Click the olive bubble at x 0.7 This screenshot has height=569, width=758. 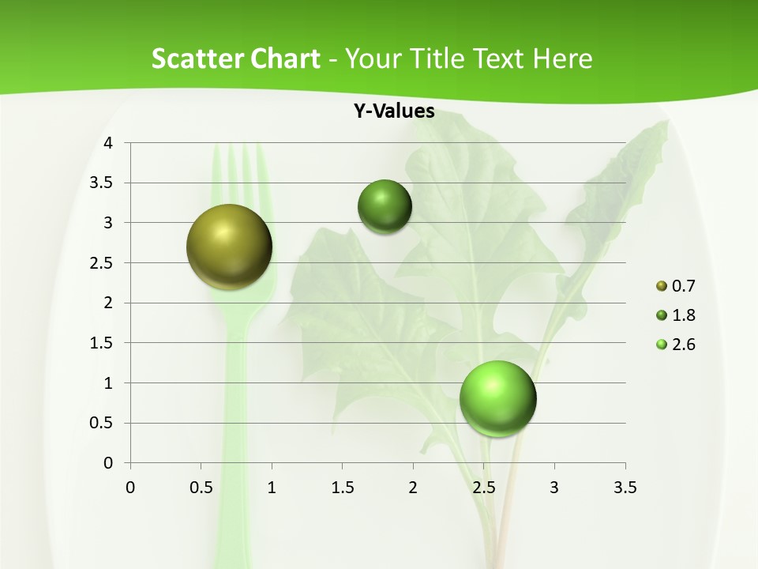tap(230, 247)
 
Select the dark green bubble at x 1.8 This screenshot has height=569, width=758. tap(385, 207)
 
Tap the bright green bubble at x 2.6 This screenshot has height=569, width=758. tap(498, 398)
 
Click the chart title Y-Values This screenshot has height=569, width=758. tap(394, 111)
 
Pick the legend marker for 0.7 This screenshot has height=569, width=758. tap(662, 286)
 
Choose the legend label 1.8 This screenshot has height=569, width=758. tap(683, 315)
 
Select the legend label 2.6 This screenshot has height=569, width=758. tap(683, 345)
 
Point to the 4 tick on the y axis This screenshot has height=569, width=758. tap(108, 143)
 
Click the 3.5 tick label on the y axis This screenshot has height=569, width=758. tap(101, 183)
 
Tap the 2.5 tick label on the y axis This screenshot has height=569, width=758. tap(101, 263)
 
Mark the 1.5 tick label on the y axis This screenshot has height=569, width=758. tap(101, 343)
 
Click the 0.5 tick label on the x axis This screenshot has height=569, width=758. tap(201, 488)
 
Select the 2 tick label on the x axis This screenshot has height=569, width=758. tap(413, 488)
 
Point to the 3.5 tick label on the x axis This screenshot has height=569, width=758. tap(625, 488)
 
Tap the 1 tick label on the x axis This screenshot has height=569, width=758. tap(272, 488)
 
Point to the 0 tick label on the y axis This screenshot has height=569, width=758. tap(108, 463)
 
